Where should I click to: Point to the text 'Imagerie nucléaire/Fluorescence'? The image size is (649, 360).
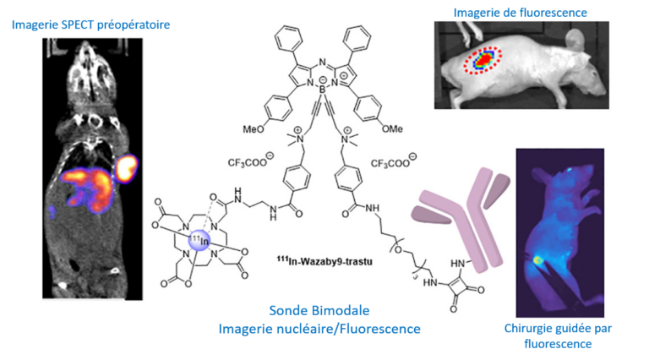pyautogui.click(x=319, y=328)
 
